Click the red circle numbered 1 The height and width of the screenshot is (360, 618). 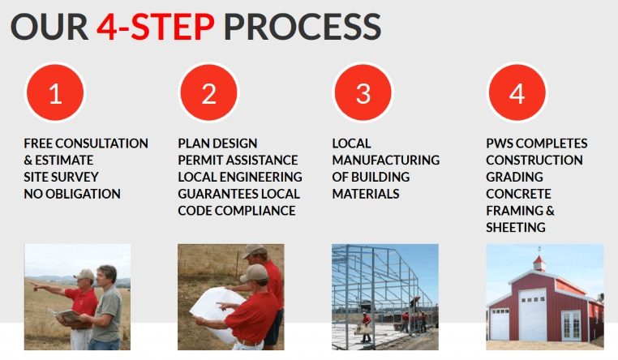[55, 93]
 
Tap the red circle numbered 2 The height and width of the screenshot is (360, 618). [209, 93]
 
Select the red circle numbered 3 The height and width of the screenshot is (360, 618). [363, 93]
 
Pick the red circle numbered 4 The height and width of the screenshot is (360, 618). [517, 93]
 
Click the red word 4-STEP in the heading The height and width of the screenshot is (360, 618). [156, 27]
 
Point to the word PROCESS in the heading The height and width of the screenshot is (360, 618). [303, 27]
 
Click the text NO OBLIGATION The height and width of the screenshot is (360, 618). [72, 194]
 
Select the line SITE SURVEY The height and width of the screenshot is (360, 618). [61, 177]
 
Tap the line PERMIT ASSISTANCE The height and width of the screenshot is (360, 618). [238, 160]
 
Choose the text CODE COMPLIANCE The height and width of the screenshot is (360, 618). [237, 211]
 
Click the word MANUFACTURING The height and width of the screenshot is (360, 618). [386, 160]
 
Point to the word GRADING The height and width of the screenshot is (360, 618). [514, 177]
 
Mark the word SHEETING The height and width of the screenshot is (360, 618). [516, 227]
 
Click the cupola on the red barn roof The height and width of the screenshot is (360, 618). [539, 260]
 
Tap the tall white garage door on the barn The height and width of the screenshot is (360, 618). [533, 315]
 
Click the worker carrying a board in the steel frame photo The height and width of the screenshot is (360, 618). [366, 328]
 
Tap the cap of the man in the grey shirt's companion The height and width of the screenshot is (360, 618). [84, 275]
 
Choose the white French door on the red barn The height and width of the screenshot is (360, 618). [571, 325]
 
